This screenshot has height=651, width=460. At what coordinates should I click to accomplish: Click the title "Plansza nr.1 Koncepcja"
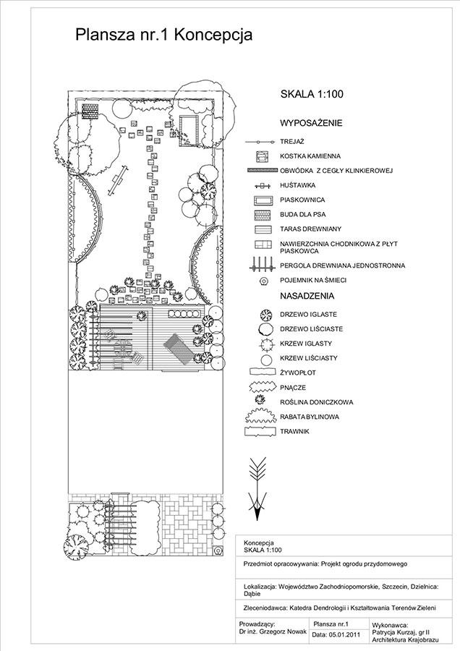tap(163, 35)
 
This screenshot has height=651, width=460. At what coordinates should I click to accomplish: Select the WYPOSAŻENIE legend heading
tap(310, 123)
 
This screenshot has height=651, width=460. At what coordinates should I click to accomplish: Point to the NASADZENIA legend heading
tap(307, 296)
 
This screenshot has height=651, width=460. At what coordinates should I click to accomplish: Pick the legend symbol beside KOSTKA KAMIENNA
tap(261, 156)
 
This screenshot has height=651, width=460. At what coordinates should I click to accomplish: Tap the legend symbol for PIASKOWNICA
tap(261, 200)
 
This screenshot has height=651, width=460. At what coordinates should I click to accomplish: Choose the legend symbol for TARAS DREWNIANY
tap(261, 229)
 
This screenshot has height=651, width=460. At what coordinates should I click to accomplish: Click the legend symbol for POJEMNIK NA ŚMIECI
tap(261, 281)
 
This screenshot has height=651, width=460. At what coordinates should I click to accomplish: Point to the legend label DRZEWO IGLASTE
tap(308, 315)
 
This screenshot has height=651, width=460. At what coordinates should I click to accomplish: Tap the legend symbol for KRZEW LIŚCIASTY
tap(265, 358)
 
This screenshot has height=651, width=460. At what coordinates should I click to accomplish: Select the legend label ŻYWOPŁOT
tap(297, 373)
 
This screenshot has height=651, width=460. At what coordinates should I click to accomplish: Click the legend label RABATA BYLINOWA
tap(309, 417)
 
